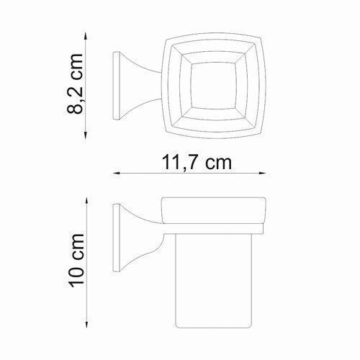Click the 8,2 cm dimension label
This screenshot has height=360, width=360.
(x=75, y=84)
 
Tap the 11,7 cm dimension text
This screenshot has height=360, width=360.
(x=197, y=163)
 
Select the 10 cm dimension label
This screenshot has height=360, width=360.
(x=76, y=260)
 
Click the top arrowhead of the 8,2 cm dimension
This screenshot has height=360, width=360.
(x=86, y=37)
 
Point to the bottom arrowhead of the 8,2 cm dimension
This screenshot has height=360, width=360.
(x=86, y=135)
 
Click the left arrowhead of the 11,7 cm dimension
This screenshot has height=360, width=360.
(x=117, y=174)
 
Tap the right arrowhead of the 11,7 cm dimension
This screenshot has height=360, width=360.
(x=262, y=174)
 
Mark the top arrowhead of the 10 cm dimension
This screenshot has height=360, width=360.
(x=87, y=201)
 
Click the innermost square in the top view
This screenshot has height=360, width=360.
(x=213, y=86)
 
